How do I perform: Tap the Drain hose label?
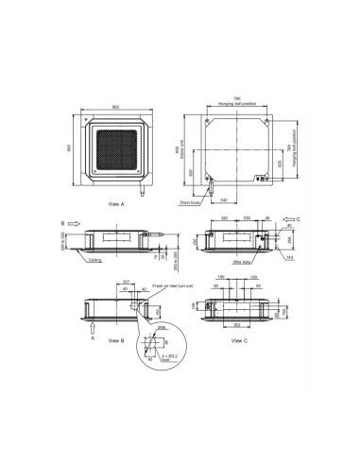tap(188, 199)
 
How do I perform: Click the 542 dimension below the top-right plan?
tap(223, 201)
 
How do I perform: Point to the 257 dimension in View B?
tap(127, 282)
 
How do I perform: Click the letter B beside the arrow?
tap(62, 224)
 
